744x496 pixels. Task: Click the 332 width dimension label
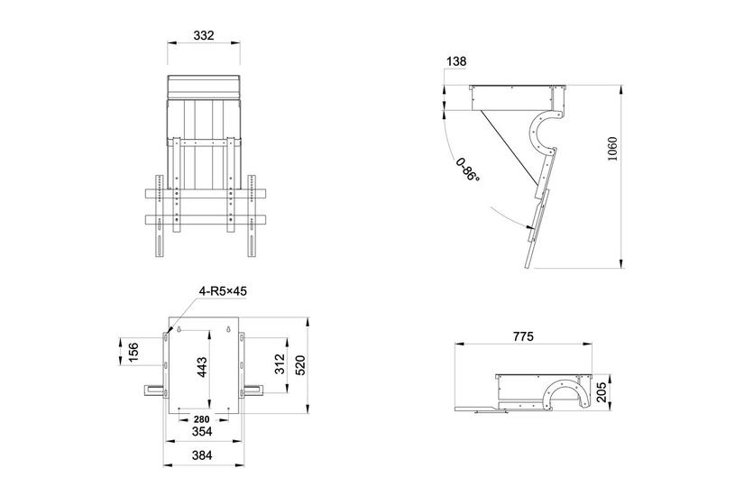pyautogui.click(x=204, y=35)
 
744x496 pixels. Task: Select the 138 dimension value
pyautogui.click(x=456, y=60)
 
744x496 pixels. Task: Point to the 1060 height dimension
pyautogui.click(x=612, y=150)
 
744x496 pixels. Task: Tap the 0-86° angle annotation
pyautogui.click(x=467, y=170)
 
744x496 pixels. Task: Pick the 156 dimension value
pyautogui.click(x=133, y=352)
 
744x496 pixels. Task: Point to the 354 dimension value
pyautogui.click(x=203, y=433)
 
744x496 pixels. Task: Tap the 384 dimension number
pyautogui.click(x=203, y=456)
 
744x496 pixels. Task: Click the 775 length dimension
pyautogui.click(x=523, y=336)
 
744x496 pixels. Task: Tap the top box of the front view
pyautogui.click(x=204, y=87)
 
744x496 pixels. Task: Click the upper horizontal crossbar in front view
pyautogui.click(x=204, y=193)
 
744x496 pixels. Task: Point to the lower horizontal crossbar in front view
pyautogui.click(x=204, y=219)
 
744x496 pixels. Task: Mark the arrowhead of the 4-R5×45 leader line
pyautogui.click(x=169, y=332)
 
